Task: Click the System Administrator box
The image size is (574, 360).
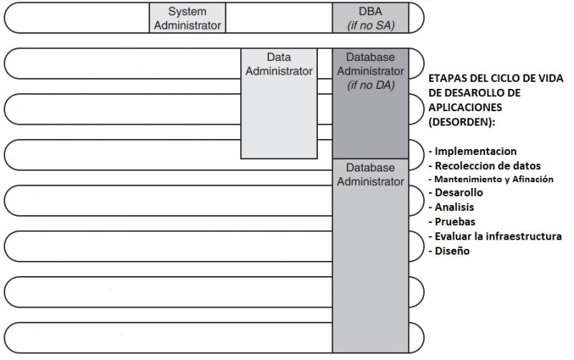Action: [187, 18]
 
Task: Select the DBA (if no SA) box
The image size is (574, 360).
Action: [370, 18]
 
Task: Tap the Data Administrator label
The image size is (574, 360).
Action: [279, 64]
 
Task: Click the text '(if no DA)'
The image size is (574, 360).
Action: [371, 85]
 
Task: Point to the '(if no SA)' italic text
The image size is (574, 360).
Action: [371, 25]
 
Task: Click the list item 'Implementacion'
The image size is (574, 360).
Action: [472, 151]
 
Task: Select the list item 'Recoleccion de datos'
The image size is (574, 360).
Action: [484, 166]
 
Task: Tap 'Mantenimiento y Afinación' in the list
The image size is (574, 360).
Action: [491, 179]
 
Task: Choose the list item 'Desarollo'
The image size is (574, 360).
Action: [456, 192]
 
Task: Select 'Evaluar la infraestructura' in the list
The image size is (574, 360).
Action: [495, 237]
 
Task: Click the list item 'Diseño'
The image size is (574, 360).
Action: [449, 251]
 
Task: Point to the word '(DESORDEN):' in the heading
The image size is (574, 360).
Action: [461, 122]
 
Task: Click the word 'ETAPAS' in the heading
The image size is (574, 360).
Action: [443, 78]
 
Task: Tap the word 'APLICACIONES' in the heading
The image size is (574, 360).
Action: [465, 108]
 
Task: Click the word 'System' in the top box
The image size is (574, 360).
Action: [187, 11]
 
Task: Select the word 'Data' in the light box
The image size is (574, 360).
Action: [279, 57]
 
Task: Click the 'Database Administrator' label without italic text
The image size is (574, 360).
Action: [370, 174]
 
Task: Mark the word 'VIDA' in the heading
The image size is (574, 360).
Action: [550, 78]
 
